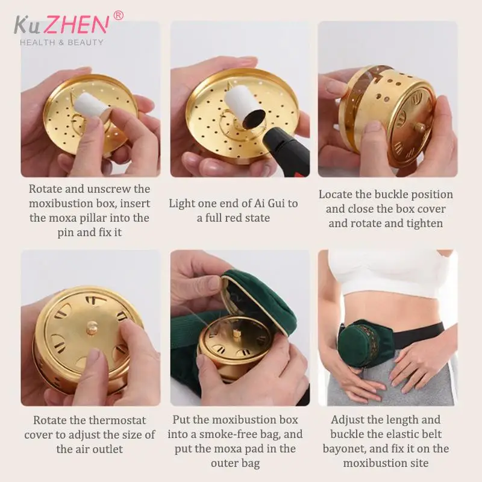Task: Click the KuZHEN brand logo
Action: pyautogui.click(x=61, y=25)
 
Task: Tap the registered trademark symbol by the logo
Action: pyautogui.click(x=118, y=16)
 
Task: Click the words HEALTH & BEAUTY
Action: pyautogui.click(x=61, y=42)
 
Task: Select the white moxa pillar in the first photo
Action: pyautogui.click(x=92, y=107)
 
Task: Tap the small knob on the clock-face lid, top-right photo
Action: pyautogui.click(x=420, y=127)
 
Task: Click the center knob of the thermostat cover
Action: pyautogui.click(x=92, y=327)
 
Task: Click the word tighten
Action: pyautogui.click(x=425, y=224)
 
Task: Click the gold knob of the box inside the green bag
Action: pyautogui.click(x=236, y=333)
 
